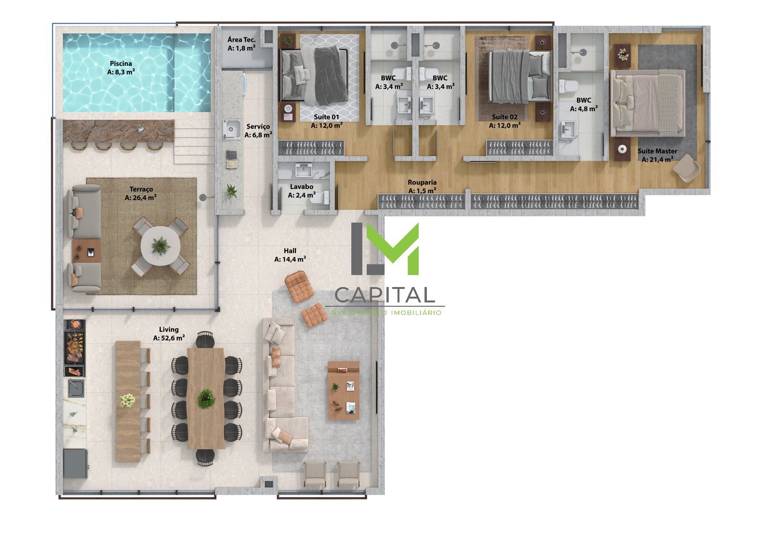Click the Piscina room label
pyautogui.click(x=121, y=63)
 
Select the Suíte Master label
pyautogui.click(x=657, y=151)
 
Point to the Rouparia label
pyautogui.click(x=422, y=182)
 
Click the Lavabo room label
pyautogui.click(x=301, y=187)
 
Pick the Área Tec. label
pyautogui.click(x=241, y=40)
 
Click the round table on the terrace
pyautogui.click(x=161, y=246)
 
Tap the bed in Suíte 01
pyautogui.click(x=314, y=76)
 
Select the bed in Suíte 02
pyautogui.click(x=520, y=76)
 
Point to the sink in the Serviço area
pyautogui.click(x=231, y=129)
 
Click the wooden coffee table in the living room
pyautogui.click(x=344, y=390)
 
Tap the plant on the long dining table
pyautogui.click(x=206, y=399)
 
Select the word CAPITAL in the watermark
pyautogui.click(x=385, y=295)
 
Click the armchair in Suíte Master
pyautogui.click(x=686, y=168)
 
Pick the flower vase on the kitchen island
pyautogui.click(x=128, y=400)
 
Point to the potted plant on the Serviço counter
pyautogui.click(x=231, y=191)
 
